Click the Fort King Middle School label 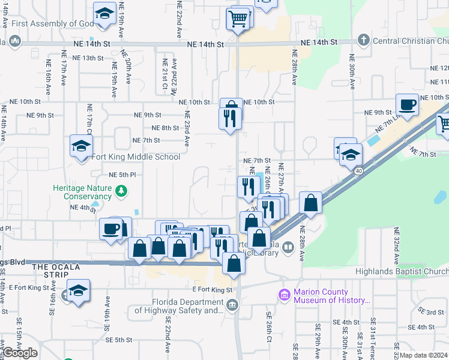click(x=136, y=157)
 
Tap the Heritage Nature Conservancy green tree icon click(x=122, y=191)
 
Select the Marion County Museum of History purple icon click(x=284, y=295)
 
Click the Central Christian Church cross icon click(x=363, y=41)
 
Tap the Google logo click(x=20, y=353)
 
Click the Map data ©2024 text click(x=424, y=355)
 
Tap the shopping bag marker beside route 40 click(x=310, y=202)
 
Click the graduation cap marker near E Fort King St click(x=78, y=290)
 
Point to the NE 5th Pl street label click(x=122, y=175)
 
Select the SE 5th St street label click(x=116, y=340)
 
